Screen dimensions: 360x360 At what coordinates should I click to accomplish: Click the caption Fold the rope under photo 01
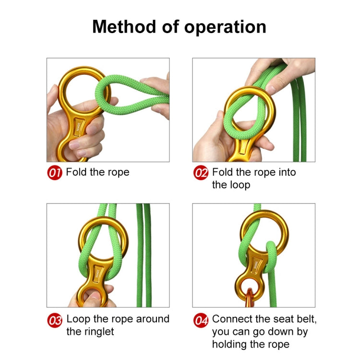point(97,172)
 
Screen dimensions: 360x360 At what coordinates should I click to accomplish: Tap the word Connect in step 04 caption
point(232,319)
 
